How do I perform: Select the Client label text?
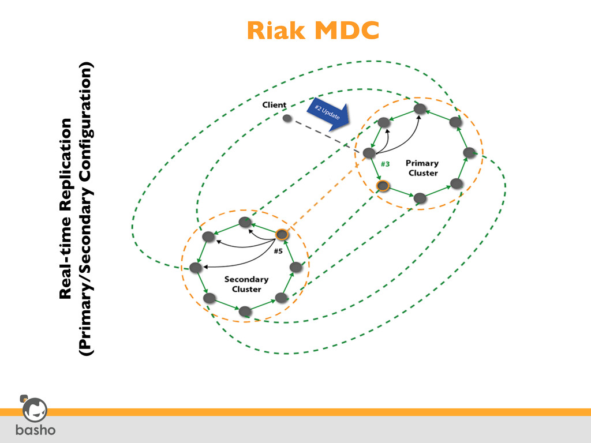point(274,104)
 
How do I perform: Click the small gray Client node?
point(287,118)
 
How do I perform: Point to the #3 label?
point(385,164)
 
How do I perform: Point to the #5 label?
point(278,251)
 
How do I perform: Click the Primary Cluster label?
point(422,168)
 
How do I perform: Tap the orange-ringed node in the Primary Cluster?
point(382,186)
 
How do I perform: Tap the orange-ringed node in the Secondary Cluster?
point(282,235)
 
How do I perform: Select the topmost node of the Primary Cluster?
point(421,108)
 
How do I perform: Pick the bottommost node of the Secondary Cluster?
point(245,311)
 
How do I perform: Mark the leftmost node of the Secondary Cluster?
point(196,268)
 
